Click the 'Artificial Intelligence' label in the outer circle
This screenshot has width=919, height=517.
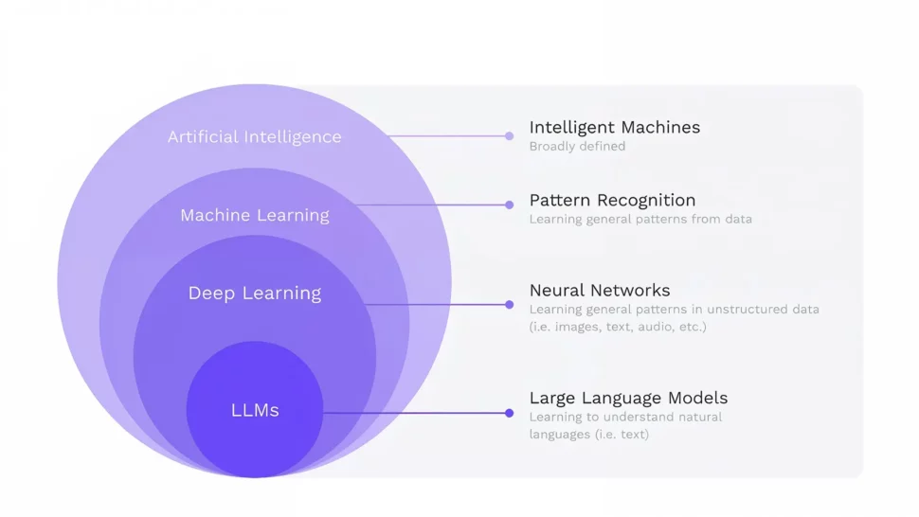point(254,137)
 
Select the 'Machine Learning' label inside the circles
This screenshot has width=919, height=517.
point(255,216)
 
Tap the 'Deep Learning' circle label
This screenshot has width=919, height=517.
point(255,294)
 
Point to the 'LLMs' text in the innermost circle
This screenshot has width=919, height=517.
point(255,411)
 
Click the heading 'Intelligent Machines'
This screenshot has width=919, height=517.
point(614,127)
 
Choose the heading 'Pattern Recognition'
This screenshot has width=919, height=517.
point(612,200)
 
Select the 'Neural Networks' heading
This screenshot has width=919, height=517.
point(599,291)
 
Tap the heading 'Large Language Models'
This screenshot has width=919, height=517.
point(628,398)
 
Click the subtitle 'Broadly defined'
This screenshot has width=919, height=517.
point(577,147)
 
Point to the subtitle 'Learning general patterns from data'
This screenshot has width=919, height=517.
point(640,220)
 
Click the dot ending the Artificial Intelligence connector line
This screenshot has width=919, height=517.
point(509,136)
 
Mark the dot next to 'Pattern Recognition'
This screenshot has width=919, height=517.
point(509,205)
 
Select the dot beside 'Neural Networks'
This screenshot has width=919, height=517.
point(509,305)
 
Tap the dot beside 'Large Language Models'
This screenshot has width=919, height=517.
point(509,413)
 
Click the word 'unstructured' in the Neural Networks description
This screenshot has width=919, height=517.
point(746,310)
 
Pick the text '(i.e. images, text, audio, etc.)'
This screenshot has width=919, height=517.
point(618,328)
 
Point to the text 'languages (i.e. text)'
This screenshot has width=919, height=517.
point(588,435)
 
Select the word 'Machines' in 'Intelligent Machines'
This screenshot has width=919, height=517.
point(660,127)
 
